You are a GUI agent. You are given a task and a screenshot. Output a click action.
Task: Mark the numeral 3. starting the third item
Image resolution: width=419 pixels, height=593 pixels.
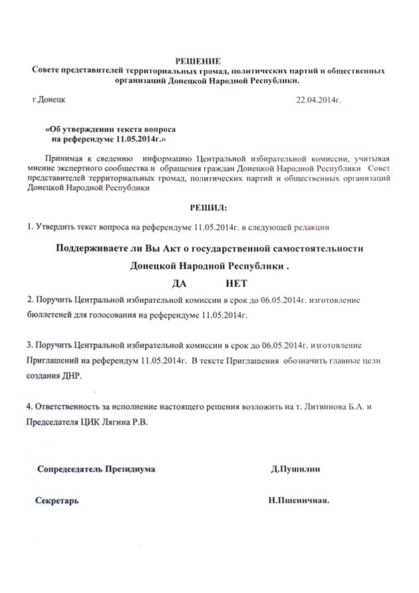29,346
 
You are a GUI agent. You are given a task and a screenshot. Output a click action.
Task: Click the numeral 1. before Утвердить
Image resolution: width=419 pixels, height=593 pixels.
30,228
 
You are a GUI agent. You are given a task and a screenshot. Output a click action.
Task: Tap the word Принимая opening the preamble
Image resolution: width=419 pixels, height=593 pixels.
61,158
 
